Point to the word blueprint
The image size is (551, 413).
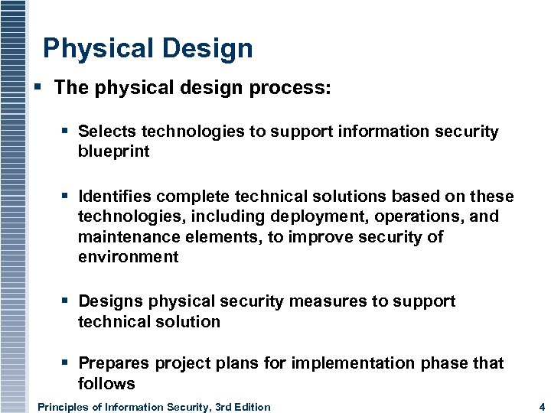point(113,151)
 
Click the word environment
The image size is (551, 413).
point(128,257)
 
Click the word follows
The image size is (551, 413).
point(106,383)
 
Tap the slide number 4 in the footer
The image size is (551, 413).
point(541,407)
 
